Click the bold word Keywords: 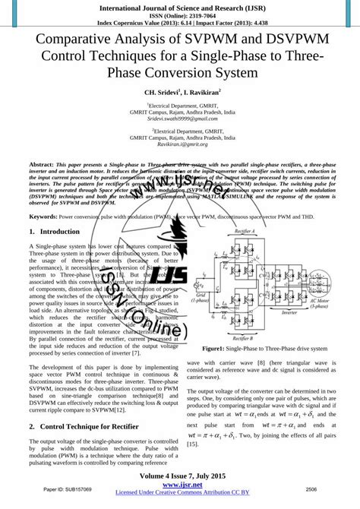(x=47, y=217)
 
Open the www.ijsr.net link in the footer (x=180, y=484)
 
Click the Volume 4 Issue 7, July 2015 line (x=180, y=475)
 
